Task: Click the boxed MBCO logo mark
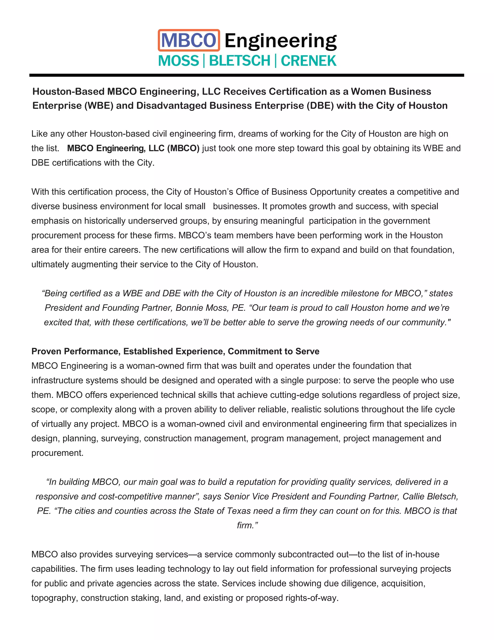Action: [x=189, y=40]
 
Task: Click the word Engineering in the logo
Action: [x=280, y=41]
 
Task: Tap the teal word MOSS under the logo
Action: [x=178, y=61]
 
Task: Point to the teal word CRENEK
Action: [x=309, y=61]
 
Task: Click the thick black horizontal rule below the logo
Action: [x=247, y=76]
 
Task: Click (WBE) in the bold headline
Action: [x=99, y=106]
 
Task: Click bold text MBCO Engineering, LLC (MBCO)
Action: [x=133, y=148]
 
